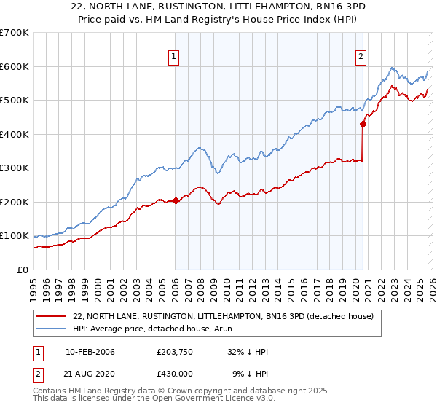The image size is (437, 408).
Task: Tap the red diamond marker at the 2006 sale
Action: pos(176,200)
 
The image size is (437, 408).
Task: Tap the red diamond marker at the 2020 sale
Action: pos(363,124)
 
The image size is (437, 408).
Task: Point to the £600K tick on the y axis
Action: pos(15,66)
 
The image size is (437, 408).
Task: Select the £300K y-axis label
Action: pos(15,168)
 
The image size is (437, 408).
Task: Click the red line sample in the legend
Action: pos(52,316)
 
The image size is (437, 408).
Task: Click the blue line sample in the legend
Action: pos(52,329)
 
